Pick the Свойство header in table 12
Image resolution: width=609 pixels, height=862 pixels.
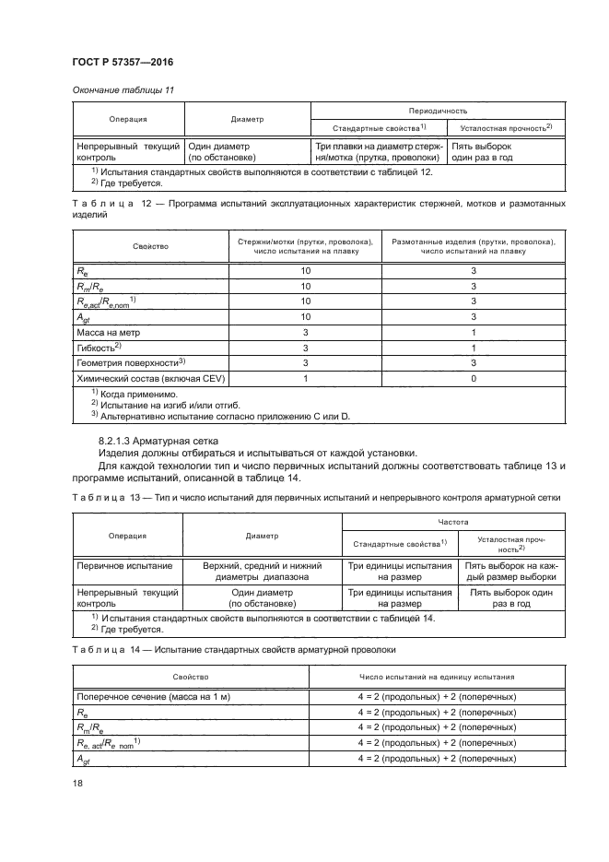pos(150,246)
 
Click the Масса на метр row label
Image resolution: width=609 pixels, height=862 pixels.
pos(108,331)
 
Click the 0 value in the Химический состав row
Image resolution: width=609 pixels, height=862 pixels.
pos(473,380)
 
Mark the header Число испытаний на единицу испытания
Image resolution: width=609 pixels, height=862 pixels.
pos(437,677)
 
